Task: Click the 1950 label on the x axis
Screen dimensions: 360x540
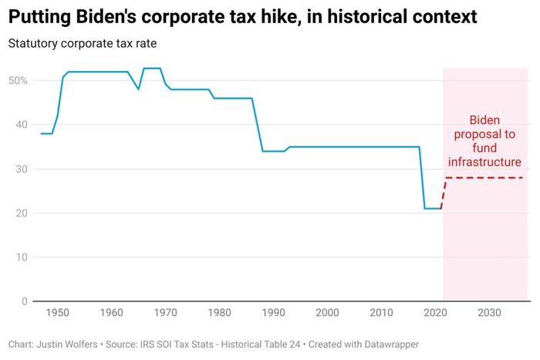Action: pos(57,313)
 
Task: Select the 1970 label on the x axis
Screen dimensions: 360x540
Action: pos(165,313)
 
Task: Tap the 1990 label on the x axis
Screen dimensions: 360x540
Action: pos(273,313)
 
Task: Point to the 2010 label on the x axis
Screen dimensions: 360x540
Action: pos(381,313)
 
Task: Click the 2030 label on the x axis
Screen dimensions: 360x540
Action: pos(489,313)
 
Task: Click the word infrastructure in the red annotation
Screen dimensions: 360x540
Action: pos(485,162)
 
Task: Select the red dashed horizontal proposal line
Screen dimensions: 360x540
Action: pos(486,178)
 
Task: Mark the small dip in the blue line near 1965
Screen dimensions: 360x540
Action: pos(139,89)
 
